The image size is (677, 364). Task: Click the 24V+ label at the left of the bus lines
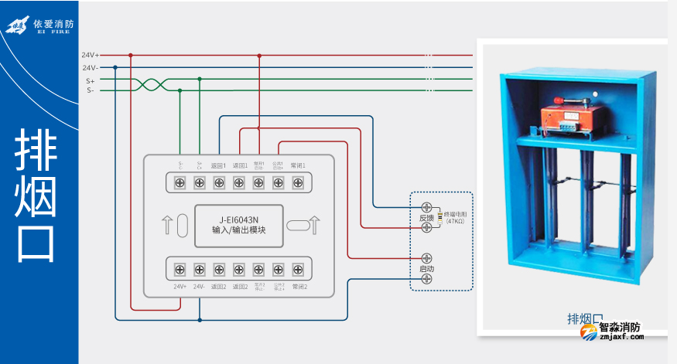pos(91,55)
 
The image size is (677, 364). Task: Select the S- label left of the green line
pos(91,90)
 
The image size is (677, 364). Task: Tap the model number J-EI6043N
pos(239,219)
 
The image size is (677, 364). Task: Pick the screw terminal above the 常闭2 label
pos(299,269)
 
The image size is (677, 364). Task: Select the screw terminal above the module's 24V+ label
pos(180,269)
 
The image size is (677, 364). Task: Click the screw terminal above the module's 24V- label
pos(200,269)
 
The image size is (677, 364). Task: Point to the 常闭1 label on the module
pos(299,165)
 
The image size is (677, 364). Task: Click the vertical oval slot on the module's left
pos(183,225)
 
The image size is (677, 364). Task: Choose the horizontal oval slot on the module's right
pos(297,225)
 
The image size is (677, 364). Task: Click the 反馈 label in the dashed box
pos(426,218)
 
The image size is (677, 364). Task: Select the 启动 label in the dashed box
pos(426,268)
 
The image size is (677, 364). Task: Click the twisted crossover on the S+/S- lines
pos(152,84)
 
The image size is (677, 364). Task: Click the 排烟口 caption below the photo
pos(585,318)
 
